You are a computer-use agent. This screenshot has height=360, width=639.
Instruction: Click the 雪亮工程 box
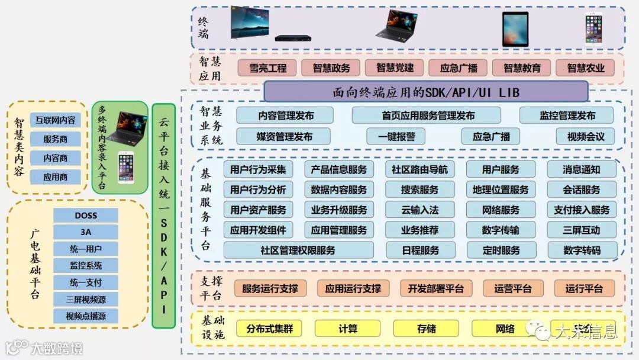(267, 68)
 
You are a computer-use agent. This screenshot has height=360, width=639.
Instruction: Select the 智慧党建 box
(395, 68)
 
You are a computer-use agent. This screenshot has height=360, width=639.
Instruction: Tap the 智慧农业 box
(586, 68)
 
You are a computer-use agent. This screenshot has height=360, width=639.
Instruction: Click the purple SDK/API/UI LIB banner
(425, 92)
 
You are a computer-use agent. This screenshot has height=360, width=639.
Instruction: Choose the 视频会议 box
(585, 136)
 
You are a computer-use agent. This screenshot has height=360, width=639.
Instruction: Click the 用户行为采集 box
(258, 169)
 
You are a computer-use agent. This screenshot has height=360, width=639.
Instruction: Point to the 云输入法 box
(419, 210)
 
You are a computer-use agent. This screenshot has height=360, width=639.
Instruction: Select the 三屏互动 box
(582, 230)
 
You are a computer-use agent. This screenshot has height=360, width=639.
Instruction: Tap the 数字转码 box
(582, 250)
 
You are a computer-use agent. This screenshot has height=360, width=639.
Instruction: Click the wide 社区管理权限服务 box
(298, 250)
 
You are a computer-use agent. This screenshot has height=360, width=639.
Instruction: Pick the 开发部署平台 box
(435, 288)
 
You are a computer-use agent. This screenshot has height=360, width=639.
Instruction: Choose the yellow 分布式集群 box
(269, 329)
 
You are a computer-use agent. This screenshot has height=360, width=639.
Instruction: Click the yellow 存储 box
(426, 329)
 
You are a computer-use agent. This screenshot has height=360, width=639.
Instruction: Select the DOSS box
(85, 215)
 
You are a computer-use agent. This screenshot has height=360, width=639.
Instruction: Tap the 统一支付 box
(85, 282)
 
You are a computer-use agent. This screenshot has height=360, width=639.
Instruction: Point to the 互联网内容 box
(55, 120)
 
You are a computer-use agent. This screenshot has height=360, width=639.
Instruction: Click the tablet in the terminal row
(515, 29)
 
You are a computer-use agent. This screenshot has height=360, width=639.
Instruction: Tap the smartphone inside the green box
(125, 168)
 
